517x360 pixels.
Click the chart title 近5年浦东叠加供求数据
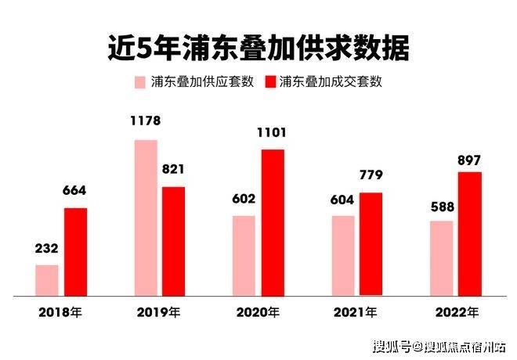tap(258, 48)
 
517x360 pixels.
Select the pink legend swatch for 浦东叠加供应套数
tap(141, 82)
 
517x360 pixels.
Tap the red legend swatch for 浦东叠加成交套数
tap(272, 82)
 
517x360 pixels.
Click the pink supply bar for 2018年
tap(47, 280)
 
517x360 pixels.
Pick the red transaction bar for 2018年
tap(75, 252)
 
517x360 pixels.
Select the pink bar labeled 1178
tap(146, 218)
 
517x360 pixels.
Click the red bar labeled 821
tap(173, 241)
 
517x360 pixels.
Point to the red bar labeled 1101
tap(272, 222)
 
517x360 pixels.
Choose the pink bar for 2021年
tap(342, 256)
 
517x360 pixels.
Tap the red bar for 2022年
tap(469, 234)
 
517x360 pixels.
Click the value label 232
tap(46, 250)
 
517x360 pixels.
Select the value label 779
tap(371, 176)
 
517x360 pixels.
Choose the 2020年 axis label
tap(258, 312)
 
